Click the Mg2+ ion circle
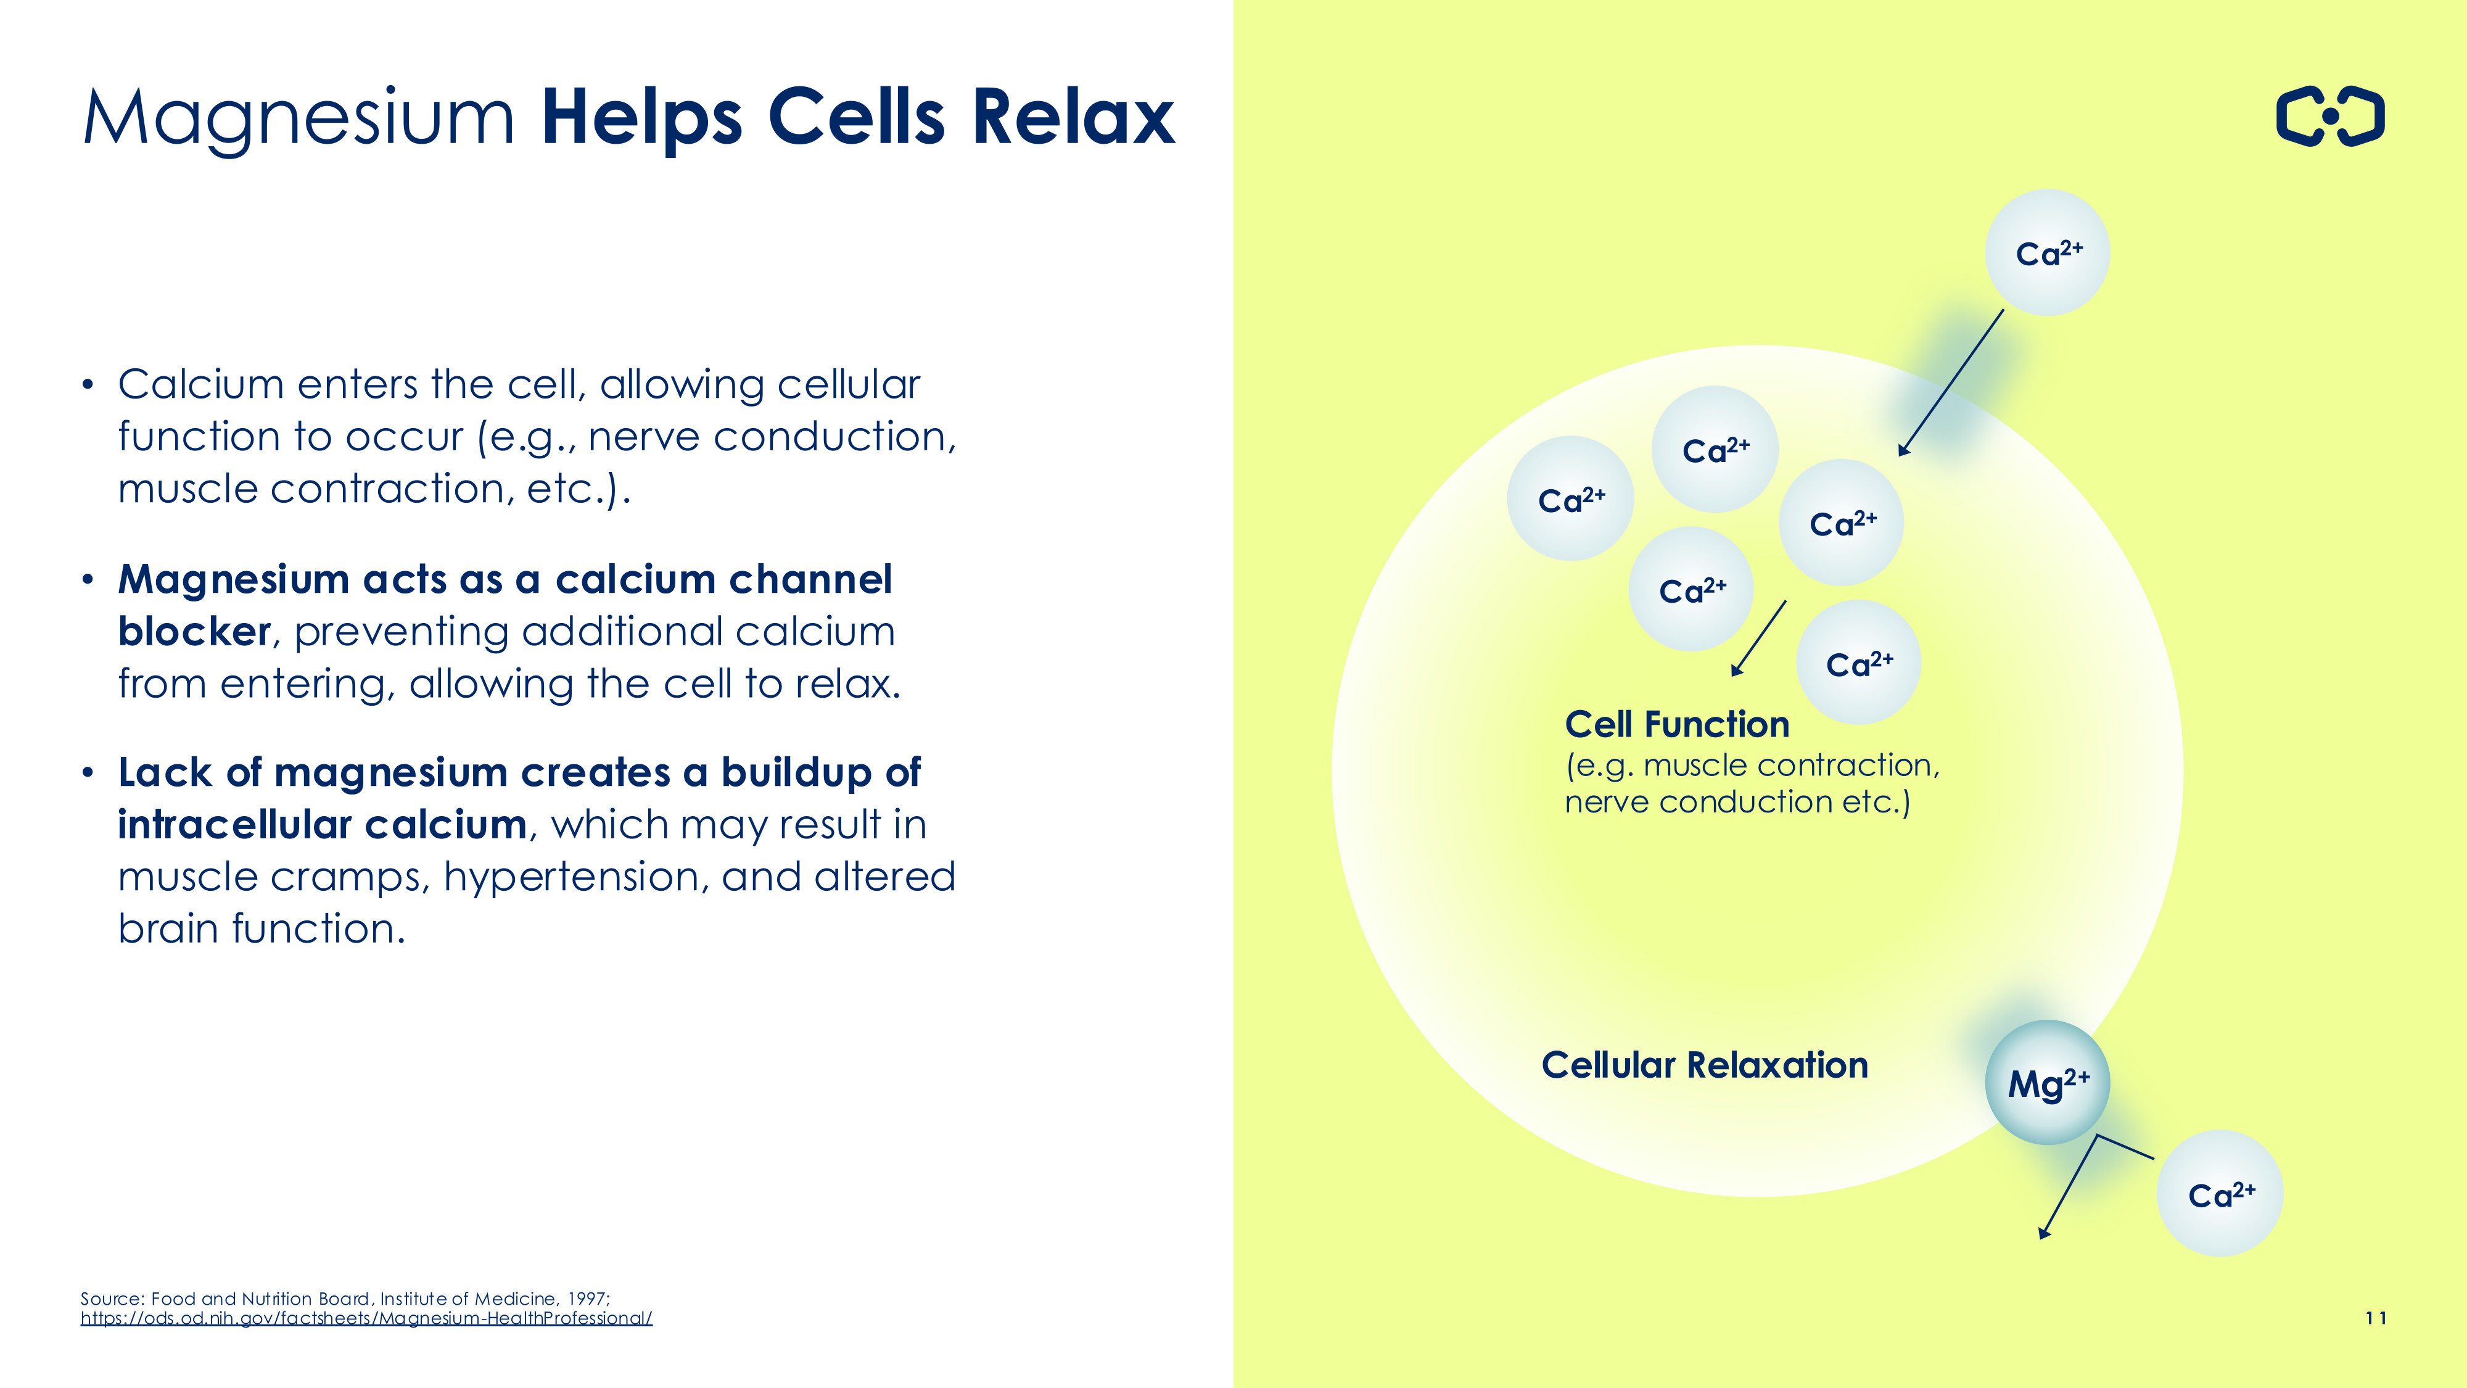coord(2048,1083)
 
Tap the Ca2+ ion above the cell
coord(2048,253)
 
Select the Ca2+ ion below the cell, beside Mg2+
coord(2220,1194)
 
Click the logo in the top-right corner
coord(2330,117)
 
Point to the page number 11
coord(2375,1318)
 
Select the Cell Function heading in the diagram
coord(1677,724)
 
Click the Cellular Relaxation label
coord(1705,1065)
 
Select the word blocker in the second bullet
coord(194,632)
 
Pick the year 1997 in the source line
coord(588,1299)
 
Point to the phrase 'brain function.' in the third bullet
coord(262,928)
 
